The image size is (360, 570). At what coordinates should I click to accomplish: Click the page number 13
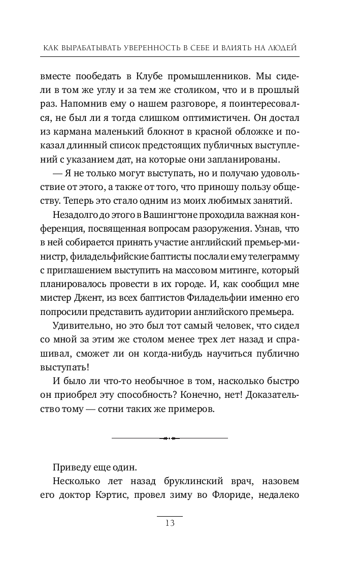click(x=170, y=524)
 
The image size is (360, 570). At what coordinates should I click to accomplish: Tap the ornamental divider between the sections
click(x=170, y=437)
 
